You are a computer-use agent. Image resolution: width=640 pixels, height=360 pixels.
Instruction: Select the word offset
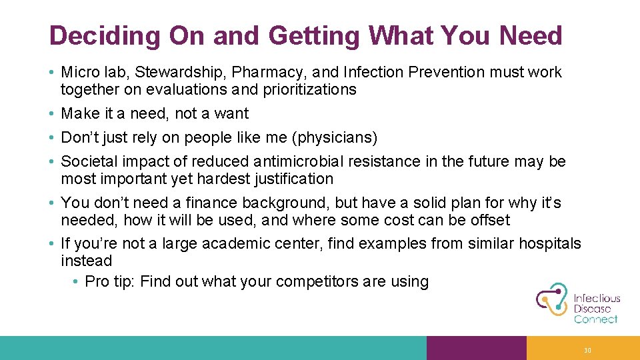[489, 220]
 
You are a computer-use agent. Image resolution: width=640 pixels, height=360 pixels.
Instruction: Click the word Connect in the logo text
[595, 319]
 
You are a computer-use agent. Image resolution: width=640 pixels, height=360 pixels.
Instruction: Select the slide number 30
[587, 350]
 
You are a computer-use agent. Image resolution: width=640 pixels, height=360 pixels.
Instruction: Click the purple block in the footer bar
[476, 348]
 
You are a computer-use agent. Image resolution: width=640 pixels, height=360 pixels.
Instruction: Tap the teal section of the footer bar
[213, 348]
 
